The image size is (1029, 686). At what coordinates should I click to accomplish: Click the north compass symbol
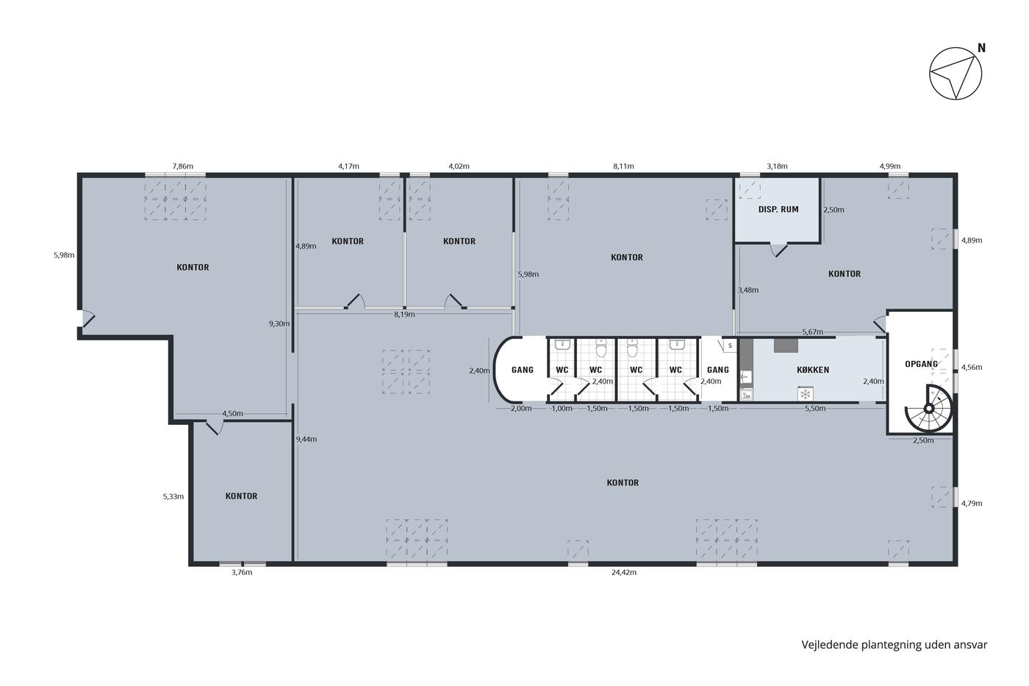point(956,74)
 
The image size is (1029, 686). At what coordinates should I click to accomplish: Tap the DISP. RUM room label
point(778,210)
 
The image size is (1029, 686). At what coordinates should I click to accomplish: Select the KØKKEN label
point(813,370)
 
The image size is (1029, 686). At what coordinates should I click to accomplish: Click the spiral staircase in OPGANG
point(928,409)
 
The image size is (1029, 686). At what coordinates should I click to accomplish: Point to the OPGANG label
point(921,365)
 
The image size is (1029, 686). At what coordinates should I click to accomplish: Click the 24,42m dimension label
point(623,573)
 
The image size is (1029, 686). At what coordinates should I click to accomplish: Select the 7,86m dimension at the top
point(183,166)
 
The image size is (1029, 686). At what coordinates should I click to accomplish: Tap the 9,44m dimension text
point(306,439)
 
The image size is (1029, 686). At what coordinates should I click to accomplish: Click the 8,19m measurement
point(404,315)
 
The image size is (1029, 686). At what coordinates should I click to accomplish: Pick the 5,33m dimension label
point(173,496)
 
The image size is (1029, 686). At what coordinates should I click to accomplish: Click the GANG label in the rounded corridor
point(523,370)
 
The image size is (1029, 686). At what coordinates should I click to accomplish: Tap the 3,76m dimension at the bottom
point(242,573)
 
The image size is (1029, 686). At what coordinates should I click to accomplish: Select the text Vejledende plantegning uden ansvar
point(894,645)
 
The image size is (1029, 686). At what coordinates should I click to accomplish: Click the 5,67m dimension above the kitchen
point(812,332)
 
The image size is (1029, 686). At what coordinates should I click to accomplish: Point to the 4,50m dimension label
point(232,413)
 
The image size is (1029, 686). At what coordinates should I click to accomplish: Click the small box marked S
point(729,346)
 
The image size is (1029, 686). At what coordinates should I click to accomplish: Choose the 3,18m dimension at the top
point(777,166)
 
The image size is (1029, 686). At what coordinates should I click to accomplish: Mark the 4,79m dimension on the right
point(972,504)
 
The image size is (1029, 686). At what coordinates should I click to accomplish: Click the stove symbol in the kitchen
point(805,394)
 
